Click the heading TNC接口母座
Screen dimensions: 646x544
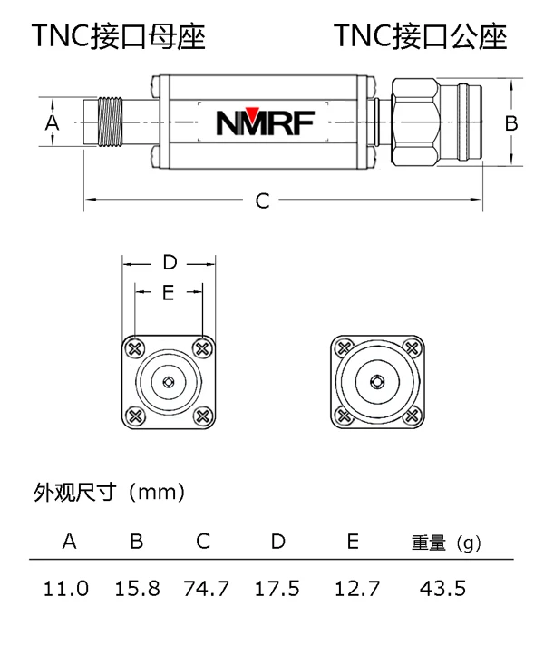point(119,35)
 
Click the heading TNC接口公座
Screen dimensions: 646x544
point(420,35)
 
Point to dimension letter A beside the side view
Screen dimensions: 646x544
point(52,122)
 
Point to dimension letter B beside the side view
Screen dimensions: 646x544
point(510,122)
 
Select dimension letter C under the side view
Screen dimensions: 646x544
point(262,201)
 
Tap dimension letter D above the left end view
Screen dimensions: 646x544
point(169,263)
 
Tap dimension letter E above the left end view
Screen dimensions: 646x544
point(168,292)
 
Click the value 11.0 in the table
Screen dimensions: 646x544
point(67,589)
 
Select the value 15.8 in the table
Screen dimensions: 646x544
point(137,589)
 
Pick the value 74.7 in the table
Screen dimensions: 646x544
point(206,589)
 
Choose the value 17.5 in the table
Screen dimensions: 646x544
point(277,589)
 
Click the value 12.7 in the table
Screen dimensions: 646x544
point(352,589)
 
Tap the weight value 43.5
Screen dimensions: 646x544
point(443,589)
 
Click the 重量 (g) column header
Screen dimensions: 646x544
point(443,543)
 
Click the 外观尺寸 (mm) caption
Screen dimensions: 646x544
point(109,493)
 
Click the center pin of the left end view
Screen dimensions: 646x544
point(169,382)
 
